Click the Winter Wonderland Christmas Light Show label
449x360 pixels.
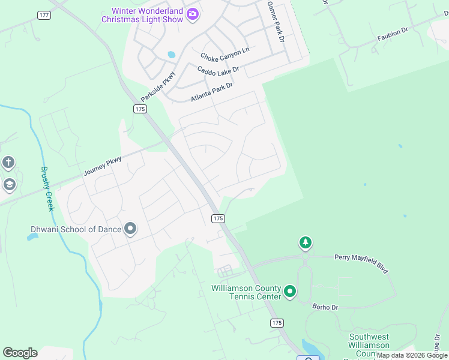click(x=142, y=15)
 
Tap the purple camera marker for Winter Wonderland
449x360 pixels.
click(x=193, y=14)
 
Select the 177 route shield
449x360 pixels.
click(x=43, y=15)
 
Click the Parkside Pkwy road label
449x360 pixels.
click(x=158, y=86)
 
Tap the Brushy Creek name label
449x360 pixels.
click(x=47, y=188)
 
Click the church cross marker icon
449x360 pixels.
click(x=8, y=163)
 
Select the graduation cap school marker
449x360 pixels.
click(x=8, y=184)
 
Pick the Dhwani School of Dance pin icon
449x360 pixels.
click(x=130, y=229)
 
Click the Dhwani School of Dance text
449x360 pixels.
click(x=76, y=229)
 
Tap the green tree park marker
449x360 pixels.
click(x=306, y=243)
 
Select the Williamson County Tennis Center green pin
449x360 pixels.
click(x=290, y=292)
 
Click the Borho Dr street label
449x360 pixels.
click(x=325, y=307)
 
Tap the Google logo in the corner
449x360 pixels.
click(x=20, y=353)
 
